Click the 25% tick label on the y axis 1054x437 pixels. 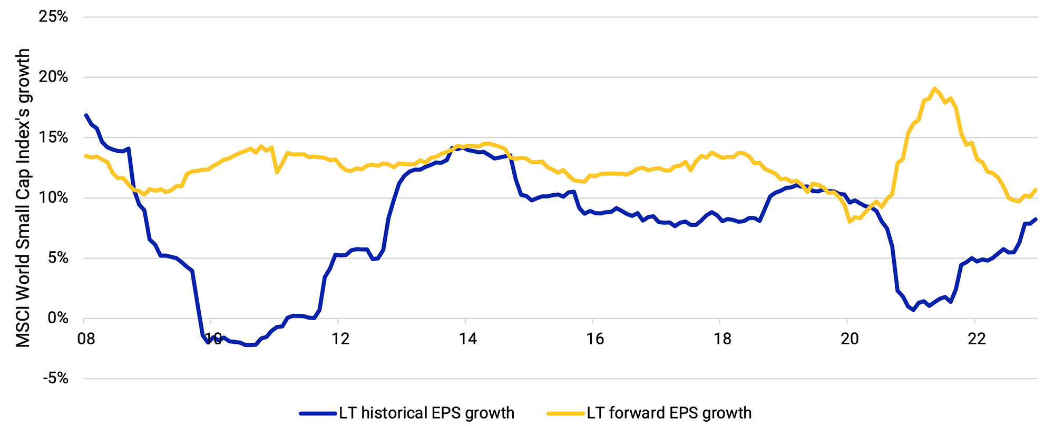tap(54, 17)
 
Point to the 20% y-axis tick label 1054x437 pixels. tap(54, 77)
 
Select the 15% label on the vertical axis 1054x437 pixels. tap(54, 138)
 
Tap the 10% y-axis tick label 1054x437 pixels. tap(54, 198)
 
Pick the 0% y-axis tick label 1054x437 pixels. tap(57, 319)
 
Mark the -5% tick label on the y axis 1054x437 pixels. tap(55, 379)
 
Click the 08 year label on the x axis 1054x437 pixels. tap(86, 339)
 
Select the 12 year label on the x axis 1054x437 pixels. tap(340, 339)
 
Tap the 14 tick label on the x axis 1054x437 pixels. tap(467, 339)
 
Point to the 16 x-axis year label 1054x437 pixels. tap(595, 339)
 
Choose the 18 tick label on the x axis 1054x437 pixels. tap(722, 339)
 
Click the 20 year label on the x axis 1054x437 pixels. tap(850, 339)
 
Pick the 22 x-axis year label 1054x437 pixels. tap(977, 339)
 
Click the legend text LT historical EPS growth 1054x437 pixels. tap(426, 413)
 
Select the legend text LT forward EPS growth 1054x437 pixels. tap(669, 413)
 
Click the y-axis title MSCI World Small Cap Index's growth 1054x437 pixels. tap(23, 198)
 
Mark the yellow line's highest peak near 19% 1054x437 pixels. tap(934, 88)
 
